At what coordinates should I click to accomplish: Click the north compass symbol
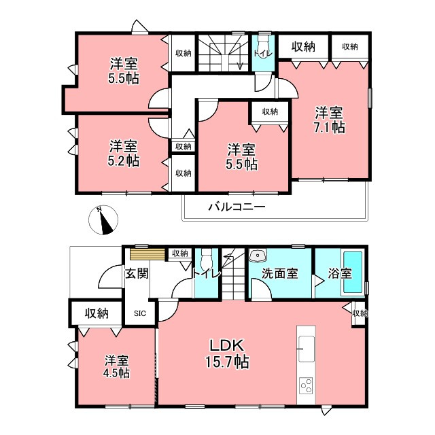(x=103, y=220)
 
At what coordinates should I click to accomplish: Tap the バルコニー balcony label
(x=237, y=207)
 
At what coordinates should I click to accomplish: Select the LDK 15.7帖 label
(x=227, y=353)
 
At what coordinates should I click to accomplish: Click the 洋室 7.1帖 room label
(x=329, y=120)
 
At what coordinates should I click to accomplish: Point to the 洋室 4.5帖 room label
(x=116, y=367)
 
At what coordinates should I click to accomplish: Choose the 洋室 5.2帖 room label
(x=124, y=154)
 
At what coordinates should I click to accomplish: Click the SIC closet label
(x=140, y=313)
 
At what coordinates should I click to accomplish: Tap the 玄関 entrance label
(x=137, y=273)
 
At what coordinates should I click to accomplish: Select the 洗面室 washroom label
(x=279, y=273)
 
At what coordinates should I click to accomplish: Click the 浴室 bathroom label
(x=340, y=273)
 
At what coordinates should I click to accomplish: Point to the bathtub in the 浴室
(x=353, y=272)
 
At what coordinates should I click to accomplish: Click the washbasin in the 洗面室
(x=258, y=255)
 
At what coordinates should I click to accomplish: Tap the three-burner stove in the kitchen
(x=307, y=385)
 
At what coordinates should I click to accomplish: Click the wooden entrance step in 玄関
(x=147, y=254)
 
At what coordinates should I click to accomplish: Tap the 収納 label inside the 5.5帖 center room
(x=271, y=111)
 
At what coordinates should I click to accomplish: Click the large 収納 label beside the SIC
(x=97, y=313)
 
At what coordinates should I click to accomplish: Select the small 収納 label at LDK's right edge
(x=360, y=313)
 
